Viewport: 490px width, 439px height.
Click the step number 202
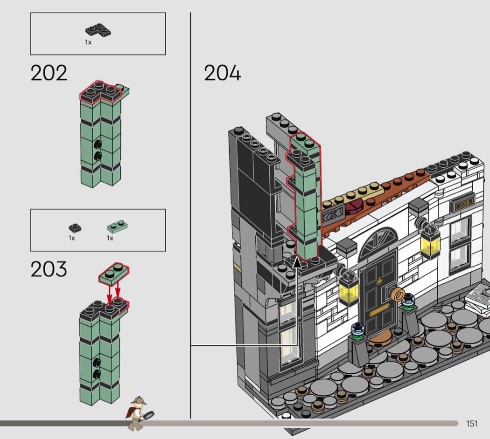click(49, 73)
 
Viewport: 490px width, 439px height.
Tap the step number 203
click(49, 269)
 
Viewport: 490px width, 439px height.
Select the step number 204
click(223, 73)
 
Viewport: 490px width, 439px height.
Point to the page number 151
click(471, 424)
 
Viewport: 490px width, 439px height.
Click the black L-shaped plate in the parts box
click(98, 30)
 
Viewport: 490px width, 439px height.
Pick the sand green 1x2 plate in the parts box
click(117, 226)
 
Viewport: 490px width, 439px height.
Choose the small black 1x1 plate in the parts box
click(75, 228)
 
